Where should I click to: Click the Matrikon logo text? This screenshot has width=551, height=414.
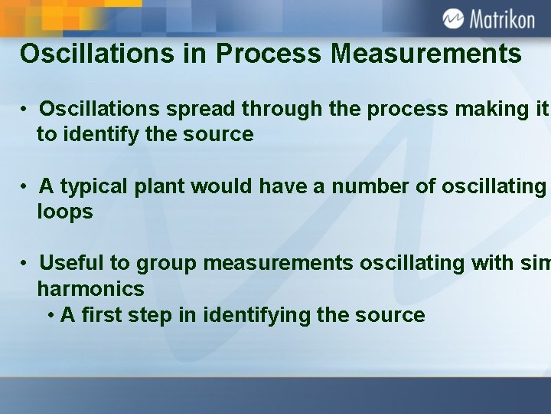501,18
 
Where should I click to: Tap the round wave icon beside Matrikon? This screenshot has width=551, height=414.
453,18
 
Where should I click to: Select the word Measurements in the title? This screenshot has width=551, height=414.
427,54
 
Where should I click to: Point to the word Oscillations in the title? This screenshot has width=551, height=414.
106,54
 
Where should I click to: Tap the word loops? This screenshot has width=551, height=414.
65,212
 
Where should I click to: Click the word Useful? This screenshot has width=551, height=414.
73,263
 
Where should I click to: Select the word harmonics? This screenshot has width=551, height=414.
90,289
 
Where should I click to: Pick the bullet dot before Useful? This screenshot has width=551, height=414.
25,264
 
